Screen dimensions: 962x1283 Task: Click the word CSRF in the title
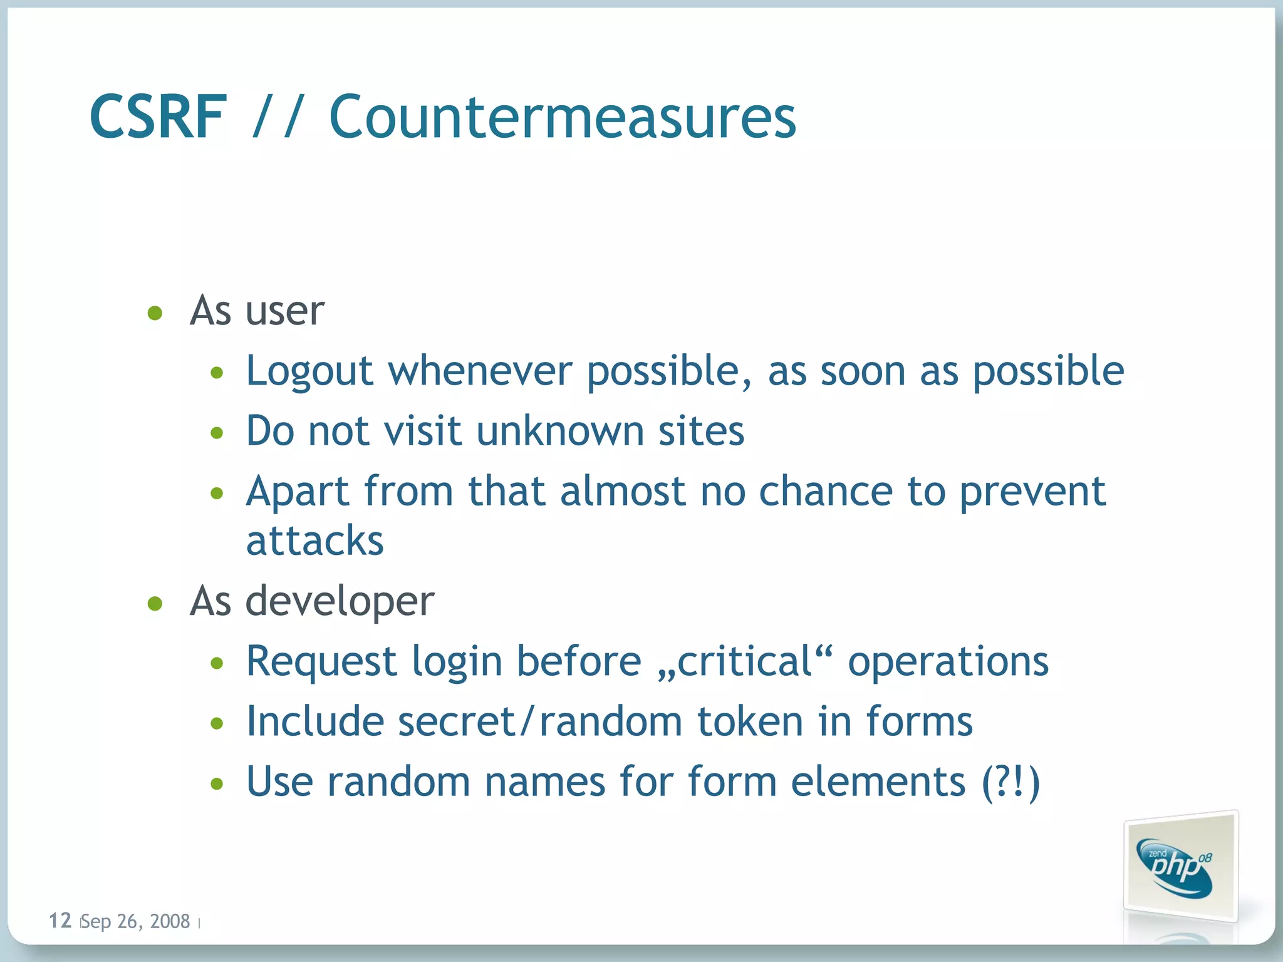click(x=158, y=117)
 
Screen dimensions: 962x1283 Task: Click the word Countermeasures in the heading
click(x=562, y=117)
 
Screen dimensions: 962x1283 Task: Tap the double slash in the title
click(x=278, y=117)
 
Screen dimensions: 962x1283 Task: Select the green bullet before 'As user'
click(x=155, y=313)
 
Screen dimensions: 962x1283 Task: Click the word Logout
click(x=309, y=372)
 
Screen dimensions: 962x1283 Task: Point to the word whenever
click(x=480, y=371)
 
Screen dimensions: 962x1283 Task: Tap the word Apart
click(x=298, y=492)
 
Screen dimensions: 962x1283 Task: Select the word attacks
click(x=314, y=540)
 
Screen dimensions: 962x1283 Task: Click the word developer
click(x=340, y=602)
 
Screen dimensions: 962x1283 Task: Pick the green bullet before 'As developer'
click(x=155, y=603)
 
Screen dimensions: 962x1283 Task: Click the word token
click(x=750, y=721)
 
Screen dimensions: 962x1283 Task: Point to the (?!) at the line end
click(x=1010, y=782)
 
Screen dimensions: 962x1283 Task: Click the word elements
click(x=878, y=782)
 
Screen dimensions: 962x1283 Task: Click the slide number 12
click(x=60, y=920)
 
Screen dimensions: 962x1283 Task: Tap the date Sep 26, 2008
click(x=136, y=921)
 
